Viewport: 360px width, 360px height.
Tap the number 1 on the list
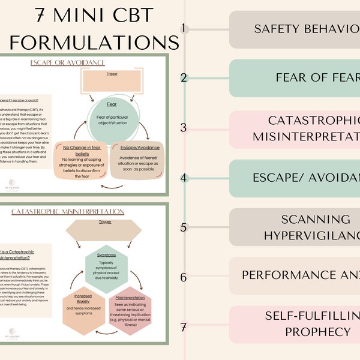click(184, 28)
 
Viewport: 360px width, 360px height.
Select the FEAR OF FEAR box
click(294, 78)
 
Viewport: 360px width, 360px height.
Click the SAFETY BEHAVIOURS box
click(294, 29)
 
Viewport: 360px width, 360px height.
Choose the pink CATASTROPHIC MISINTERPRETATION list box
click(294, 128)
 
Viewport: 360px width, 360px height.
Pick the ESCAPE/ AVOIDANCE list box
click(294, 178)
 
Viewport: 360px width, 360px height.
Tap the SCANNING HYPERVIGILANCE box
click(294, 227)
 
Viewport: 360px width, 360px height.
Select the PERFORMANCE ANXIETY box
click(294, 275)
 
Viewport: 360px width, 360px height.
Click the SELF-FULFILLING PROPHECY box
click(294, 324)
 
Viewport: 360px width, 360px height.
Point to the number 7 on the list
click(184, 326)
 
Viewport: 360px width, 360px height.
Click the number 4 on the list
click(184, 178)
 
